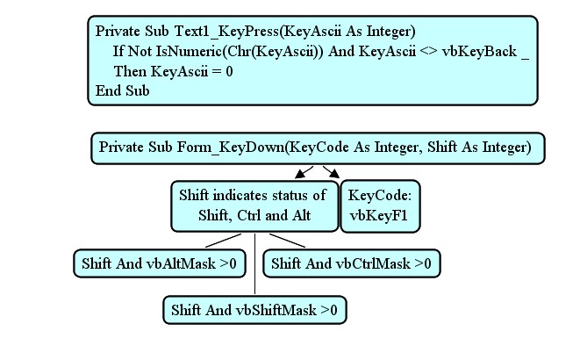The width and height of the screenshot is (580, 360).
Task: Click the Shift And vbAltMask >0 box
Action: [x=159, y=263]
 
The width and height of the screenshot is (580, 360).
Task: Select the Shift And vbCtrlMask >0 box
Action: [x=351, y=263]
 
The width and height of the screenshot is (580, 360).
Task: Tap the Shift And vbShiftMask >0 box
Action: [x=254, y=310]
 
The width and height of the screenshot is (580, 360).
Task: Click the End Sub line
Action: [x=123, y=90]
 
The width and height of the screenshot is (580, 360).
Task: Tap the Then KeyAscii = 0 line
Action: [x=173, y=70]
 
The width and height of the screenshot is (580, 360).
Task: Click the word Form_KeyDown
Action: [x=241, y=147]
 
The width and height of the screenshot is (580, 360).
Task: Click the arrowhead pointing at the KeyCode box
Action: [x=333, y=176]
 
